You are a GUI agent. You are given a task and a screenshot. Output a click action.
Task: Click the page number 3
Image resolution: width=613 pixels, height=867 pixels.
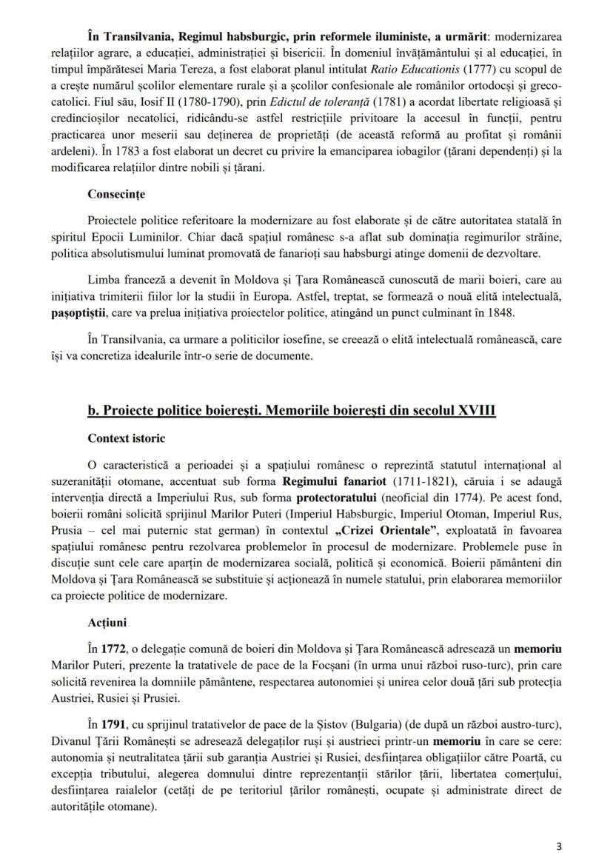[559, 844]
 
